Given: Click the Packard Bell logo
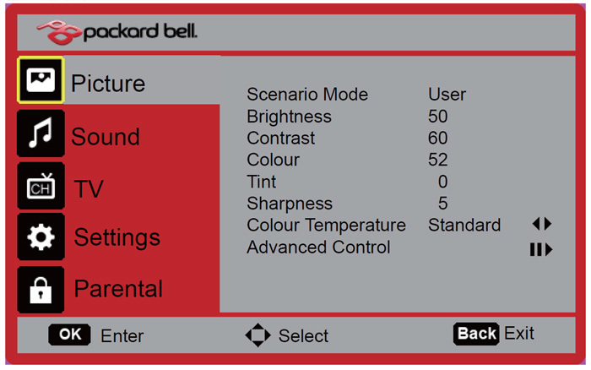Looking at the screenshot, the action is [117, 32].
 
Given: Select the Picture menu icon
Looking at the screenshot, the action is [41, 80].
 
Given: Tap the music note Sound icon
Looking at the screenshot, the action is [41, 133].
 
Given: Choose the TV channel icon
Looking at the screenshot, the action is [41, 187].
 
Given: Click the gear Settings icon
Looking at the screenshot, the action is [41, 237].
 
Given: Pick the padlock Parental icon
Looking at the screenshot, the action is [41, 290].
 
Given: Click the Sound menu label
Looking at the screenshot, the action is [106, 137].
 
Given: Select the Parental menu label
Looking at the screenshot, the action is [118, 289].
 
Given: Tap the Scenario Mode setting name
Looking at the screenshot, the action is [307, 95].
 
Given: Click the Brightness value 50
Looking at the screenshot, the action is [438, 117].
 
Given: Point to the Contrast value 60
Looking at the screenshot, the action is [438, 138].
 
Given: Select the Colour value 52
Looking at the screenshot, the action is [438, 160].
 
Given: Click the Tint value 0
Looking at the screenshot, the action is [443, 182].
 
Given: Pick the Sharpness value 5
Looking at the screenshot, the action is [443, 204].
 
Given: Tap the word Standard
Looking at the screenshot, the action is [464, 226].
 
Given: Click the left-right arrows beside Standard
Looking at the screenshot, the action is [542, 224].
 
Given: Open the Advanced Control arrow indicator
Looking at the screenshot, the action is [541, 249].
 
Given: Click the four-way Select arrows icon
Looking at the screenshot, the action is [258, 335].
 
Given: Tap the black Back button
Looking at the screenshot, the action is [476, 334].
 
